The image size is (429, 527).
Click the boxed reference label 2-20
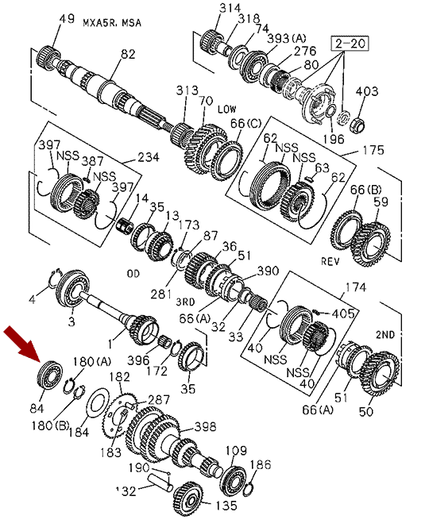[350, 44]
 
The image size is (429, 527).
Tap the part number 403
[367, 91]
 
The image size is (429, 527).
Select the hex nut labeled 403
[357, 124]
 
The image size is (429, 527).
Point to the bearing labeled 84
[49, 374]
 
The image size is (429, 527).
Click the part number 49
[66, 18]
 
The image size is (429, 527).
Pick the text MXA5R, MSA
[112, 23]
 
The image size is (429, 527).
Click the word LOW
[226, 110]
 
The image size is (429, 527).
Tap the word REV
[330, 261]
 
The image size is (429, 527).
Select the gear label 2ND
[385, 335]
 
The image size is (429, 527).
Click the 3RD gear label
[186, 302]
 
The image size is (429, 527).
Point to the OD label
[133, 274]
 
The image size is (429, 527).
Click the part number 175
[373, 150]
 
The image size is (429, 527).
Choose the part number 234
[148, 157]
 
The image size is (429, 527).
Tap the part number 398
[205, 426]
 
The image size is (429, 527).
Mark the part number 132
[126, 491]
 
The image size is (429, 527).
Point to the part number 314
[230, 8]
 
